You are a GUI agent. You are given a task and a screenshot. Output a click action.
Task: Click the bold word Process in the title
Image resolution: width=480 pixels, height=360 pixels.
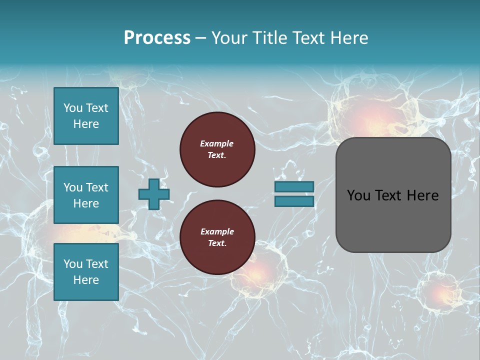click(x=157, y=38)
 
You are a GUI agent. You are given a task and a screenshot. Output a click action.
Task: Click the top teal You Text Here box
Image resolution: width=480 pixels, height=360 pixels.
click(x=86, y=116)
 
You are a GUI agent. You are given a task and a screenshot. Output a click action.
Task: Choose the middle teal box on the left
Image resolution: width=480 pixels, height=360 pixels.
click(x=86, y=195)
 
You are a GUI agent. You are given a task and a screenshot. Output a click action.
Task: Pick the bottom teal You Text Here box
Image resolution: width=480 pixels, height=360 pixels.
click(x=86, y=271)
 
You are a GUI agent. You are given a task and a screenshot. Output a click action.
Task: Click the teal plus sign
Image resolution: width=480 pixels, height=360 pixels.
click(x=153, y=194)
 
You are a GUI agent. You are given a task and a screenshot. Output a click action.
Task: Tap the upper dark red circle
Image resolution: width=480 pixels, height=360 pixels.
click(x=217, y=149)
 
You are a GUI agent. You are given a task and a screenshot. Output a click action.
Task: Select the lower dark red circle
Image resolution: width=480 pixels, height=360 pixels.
click(x=217, y=237)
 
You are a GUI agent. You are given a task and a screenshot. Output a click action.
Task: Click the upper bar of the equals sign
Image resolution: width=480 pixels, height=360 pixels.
click(x=294, y=186)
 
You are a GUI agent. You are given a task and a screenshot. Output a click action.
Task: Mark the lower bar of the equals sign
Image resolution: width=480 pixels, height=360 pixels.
click(x=294, y=201)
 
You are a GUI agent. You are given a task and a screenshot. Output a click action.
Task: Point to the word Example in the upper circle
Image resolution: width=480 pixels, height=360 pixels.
click(x=217, y=143)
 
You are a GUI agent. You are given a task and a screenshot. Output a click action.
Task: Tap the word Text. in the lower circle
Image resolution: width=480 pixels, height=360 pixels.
click(x=217, y=243)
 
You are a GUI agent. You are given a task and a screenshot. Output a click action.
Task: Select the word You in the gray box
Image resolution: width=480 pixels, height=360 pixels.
click(x=358, y=195)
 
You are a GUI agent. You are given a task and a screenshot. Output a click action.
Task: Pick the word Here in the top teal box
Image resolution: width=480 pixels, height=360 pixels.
click(x=86, y=124)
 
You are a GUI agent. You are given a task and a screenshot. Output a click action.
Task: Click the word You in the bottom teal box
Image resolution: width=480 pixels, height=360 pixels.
click(x=73, y=264)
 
